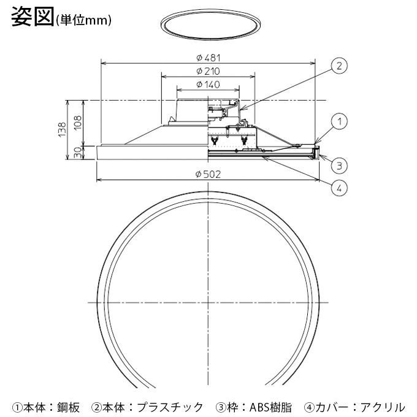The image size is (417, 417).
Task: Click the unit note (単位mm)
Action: tap(83, 20)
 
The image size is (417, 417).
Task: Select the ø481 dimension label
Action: tap(208, 57)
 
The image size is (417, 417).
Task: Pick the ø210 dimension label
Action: tap(208, 71)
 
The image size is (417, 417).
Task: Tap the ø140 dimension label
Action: tap(208, 84)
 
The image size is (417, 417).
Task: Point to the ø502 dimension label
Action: tap(208, 174)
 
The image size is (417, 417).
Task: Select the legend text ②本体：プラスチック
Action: tap(147, 406)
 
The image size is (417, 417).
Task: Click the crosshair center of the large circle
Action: tap(208, 302)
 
